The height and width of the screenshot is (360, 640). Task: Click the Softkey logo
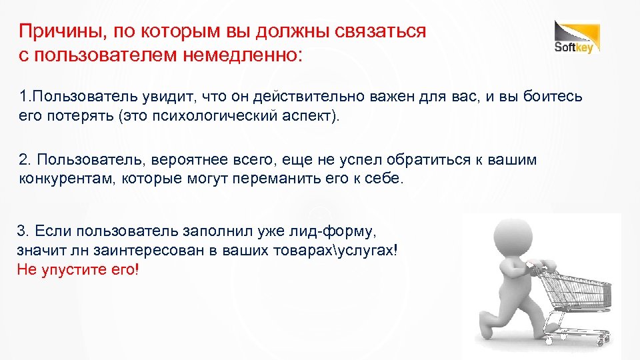pyautogui.click(x=577, y=37)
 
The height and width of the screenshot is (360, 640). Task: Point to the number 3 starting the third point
pyautogui.click(x=21, y=231)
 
